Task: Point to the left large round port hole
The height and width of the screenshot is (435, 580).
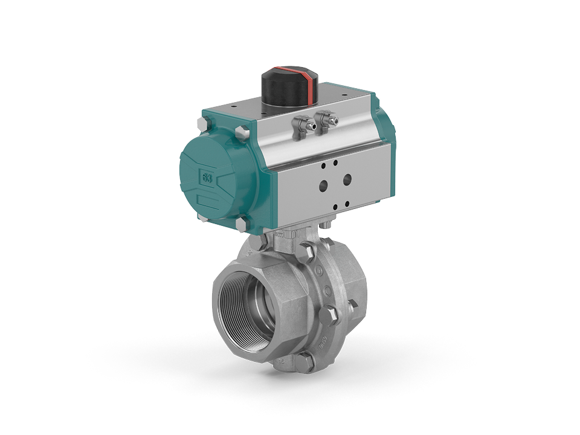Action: point(324,186)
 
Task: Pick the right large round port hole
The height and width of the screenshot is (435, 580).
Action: point(347,179)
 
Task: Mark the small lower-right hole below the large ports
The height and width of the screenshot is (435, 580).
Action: point(348,203)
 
